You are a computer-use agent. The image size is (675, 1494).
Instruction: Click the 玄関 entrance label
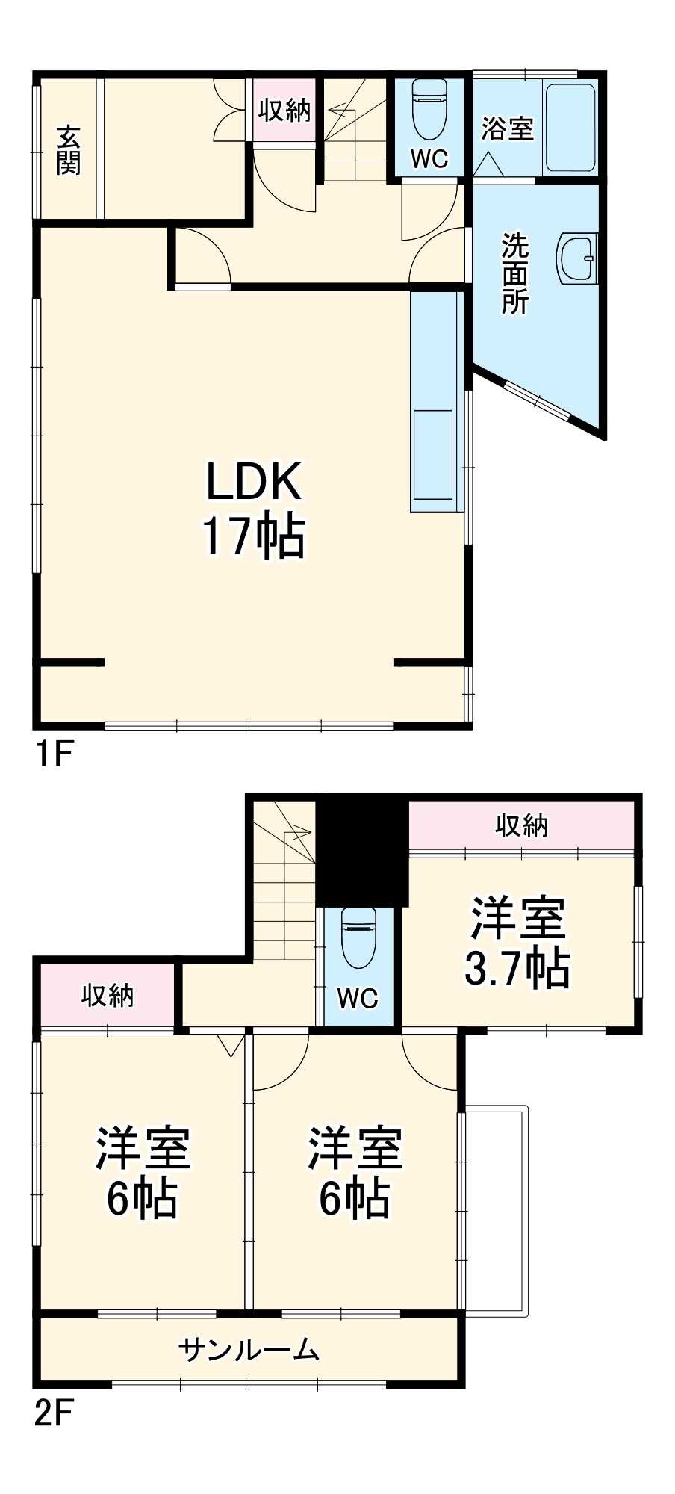(x=68, y=149)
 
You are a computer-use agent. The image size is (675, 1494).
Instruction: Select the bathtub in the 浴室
(x=569, y=128)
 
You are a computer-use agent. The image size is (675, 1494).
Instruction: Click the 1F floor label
(x=53, y=754)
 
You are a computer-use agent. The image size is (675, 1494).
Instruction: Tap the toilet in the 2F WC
(x=358, y=937)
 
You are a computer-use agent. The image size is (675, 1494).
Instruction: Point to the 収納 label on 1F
(x=284, y=111)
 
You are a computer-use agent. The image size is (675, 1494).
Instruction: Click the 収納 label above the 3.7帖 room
(x=522, y=825)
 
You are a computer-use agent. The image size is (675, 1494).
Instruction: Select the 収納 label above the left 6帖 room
(x=108, y=995)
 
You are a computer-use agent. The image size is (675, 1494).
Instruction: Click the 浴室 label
(x=507, y=128)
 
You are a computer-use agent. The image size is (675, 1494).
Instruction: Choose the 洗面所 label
(x=514, y=273)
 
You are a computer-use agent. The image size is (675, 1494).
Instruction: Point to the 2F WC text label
(x=357, y=998)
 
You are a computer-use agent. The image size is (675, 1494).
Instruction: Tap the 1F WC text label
(x=429, y=158)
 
